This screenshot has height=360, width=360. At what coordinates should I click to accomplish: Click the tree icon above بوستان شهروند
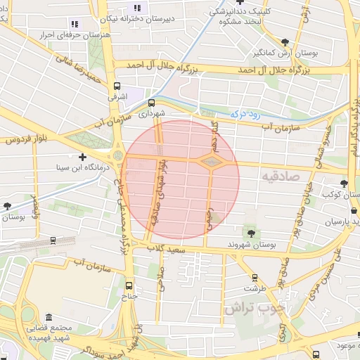coord(250,233)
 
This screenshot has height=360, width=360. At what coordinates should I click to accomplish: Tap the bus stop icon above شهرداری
coord(151,101)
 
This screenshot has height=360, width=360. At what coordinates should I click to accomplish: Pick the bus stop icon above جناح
coord(129,285)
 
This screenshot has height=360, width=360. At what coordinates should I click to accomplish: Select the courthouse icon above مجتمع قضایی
coord(48,317)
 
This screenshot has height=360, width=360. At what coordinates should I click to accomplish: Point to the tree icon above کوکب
coord(343,184)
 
